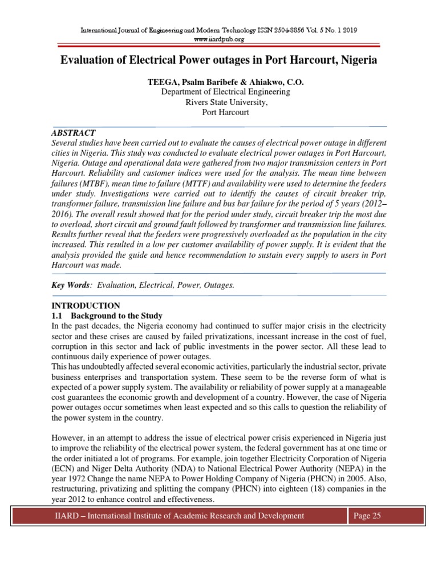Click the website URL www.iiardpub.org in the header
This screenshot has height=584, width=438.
(x=219, y=39)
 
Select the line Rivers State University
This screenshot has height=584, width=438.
(x=219, y=102)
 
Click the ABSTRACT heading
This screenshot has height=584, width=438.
(x=73, y=132)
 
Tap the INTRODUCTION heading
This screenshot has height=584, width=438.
(x=86, y=306)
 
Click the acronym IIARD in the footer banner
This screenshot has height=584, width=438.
(x=60, y=516)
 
